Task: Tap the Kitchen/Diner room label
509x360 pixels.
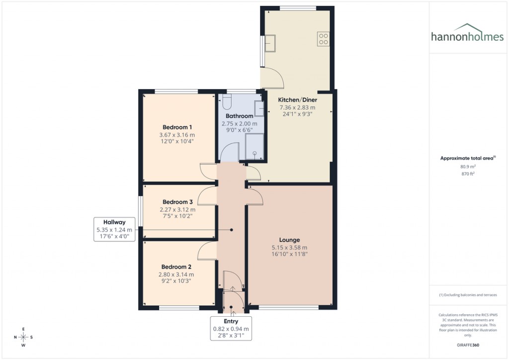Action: [296, 99]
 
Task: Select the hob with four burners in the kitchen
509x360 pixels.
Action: [323, 39]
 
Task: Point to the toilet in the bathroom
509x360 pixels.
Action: [227, 101]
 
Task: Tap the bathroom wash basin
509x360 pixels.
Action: [258, 108]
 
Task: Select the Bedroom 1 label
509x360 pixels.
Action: [177, 127]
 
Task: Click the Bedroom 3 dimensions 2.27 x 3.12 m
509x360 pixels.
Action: [177, 209]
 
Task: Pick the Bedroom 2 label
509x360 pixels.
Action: [176, 267]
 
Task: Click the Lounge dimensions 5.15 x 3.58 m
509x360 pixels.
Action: [289, 248]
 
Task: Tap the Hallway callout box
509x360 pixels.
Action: [114, 229]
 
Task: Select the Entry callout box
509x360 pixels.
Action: [231, 329]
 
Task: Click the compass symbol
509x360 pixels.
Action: [23, 337]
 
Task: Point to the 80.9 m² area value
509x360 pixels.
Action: [468, 167]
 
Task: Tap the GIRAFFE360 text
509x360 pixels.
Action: [468, 345]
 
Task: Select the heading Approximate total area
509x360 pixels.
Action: [468, 158]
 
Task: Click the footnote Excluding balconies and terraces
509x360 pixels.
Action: [468, 295]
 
